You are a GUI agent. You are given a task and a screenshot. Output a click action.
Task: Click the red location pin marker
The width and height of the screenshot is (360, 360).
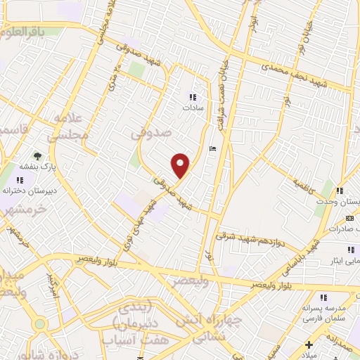(x=181, y=165)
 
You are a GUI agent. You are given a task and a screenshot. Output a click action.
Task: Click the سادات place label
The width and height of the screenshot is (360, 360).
(x=191, y=109)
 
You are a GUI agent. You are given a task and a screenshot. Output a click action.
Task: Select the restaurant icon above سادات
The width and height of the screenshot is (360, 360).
(x=192, y=98)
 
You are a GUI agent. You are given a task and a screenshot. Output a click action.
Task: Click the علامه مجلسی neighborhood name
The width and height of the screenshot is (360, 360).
(x=70, y=126)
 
